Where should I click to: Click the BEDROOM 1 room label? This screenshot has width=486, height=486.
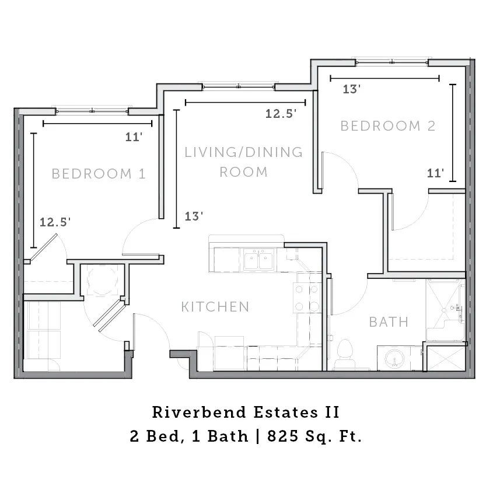click(99, 174)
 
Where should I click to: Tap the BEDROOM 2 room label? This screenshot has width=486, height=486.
click(388, 126)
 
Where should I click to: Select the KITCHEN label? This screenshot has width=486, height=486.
click(215, 307)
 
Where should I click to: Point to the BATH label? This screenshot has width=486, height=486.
click(389, 322)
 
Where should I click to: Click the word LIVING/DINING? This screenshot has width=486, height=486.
click(244, 152)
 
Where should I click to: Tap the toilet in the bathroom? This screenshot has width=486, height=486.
click(345, 354)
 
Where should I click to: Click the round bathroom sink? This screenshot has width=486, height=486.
click(394, 358)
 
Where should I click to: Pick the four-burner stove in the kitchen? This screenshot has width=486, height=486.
click(307, 298)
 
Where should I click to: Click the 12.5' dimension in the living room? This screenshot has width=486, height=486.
click(281, 114)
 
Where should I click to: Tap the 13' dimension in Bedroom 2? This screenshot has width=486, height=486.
click(351, 89)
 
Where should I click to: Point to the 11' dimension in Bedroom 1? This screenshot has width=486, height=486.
click(134, 137)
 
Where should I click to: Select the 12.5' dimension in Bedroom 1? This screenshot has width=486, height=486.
click(55, 222)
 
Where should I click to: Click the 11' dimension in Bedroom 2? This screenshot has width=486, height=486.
click(435, 173)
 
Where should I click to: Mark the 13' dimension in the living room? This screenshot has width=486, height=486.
click(194, 216)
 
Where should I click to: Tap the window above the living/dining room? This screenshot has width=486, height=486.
click(239, 86)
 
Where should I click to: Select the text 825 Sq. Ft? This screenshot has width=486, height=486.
click(314, 436)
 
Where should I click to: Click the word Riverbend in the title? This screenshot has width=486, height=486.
click(200, 412)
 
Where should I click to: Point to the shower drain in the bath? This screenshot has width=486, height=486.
click(444, 310)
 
